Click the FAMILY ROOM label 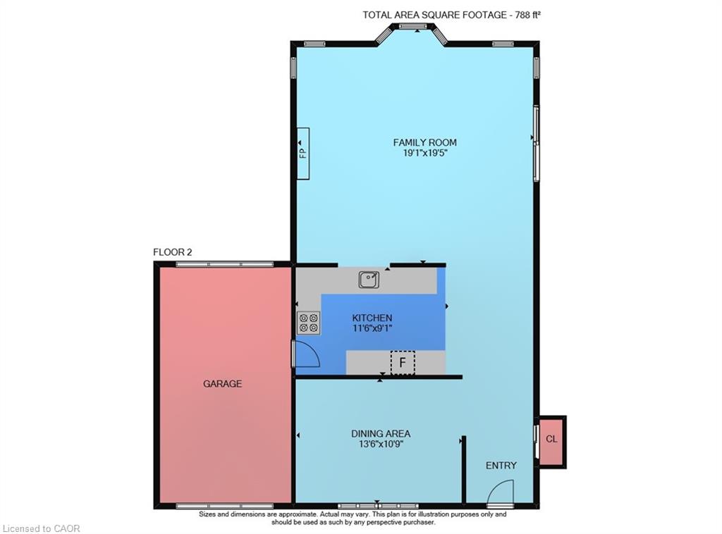pyautogui.click(x=424, y=142)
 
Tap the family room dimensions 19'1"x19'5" pyautogui.click(x=424, y=153)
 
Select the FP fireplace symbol pyautogui.click(x=302, y=153)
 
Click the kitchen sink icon pyautogui.click(x=368, y=280)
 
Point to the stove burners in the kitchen pyautogui.click(x=308, y=323)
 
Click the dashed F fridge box pyautogui.click(x=403, y=363)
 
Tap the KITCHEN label pyautogui.click(x=372, y=318)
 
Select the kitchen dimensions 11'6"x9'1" pyautogui.click(x=372, y=328)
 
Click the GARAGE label pyautogui.click(x=222, y=384)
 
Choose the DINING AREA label pyautogui.click(x=381, y=433)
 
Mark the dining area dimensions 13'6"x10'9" pyautogui.click(x=381, y=444)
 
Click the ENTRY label pyautogui.click(x=501, y=466)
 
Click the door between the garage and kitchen pyautogui.click(x=305, y=353)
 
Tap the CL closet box pyautogui.click(x=551, y=440)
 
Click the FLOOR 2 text pyautogui.click(x=173, y=252)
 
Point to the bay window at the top pyautogui.click(x=411, y=27)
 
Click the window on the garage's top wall pyautogui.click(x=224, y=264)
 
